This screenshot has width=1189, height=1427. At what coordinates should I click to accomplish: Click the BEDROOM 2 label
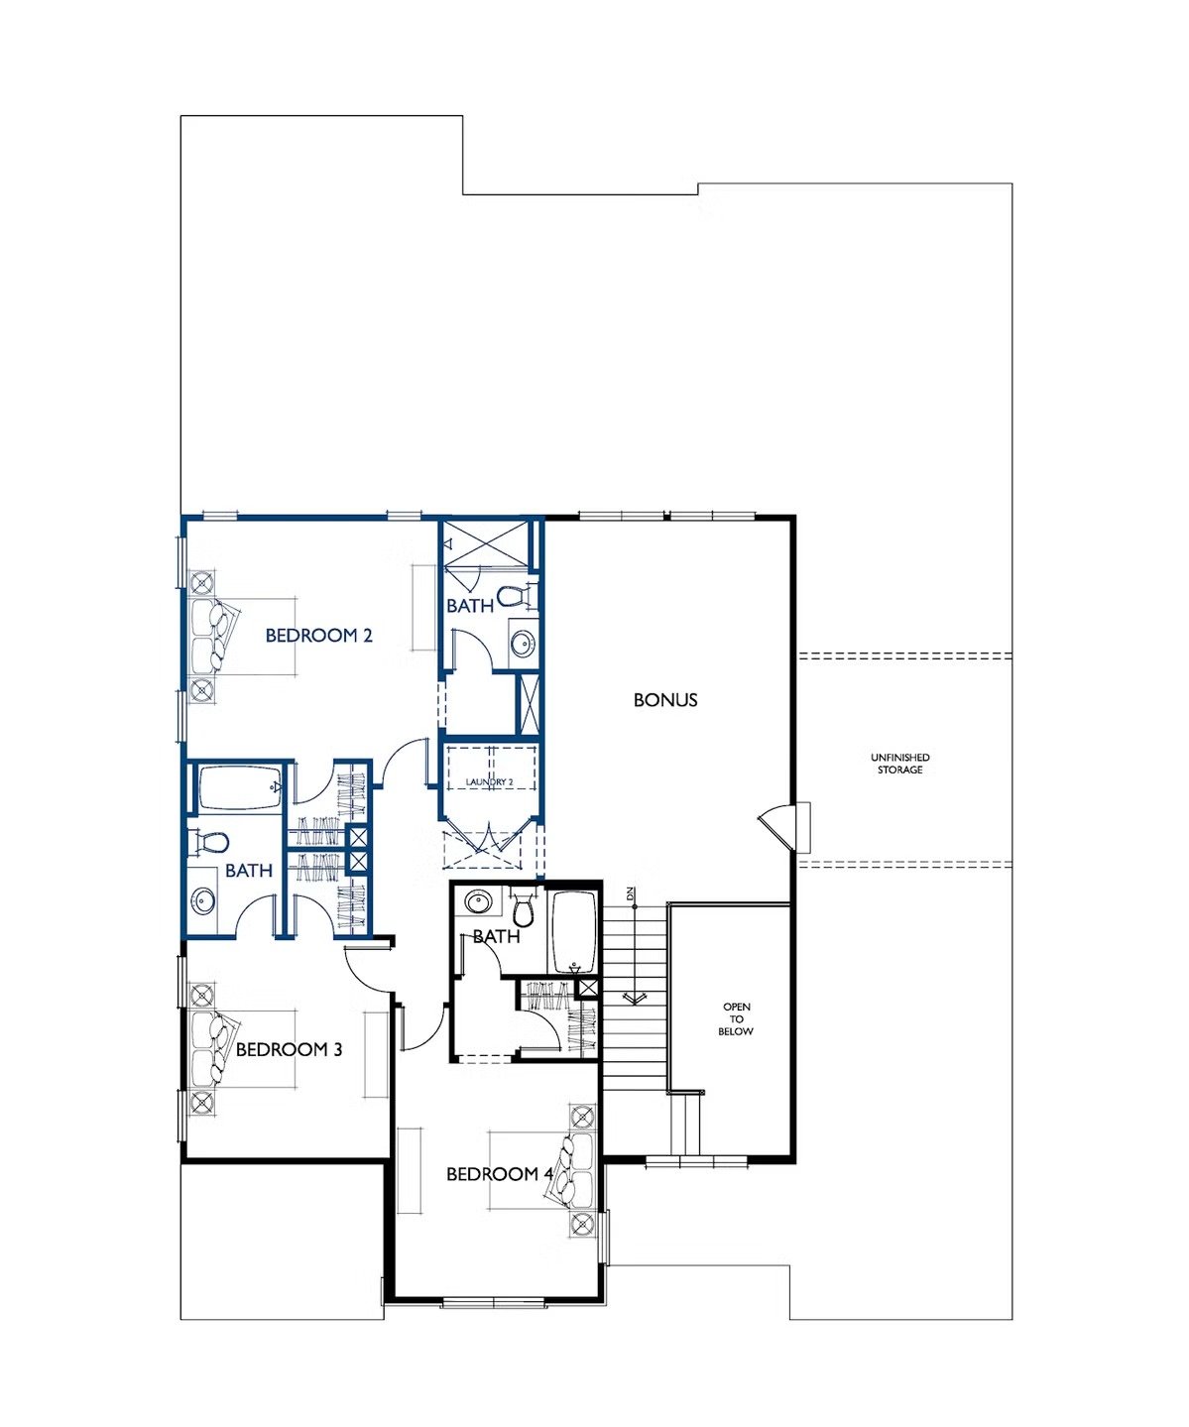click(x=318, y=636)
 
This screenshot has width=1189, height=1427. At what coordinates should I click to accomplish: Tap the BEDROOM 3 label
click(x=289, y=1049)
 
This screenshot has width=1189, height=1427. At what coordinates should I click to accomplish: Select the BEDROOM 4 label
click(x=500, y=1174)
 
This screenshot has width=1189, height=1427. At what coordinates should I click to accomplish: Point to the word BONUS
click(x=665, y=700)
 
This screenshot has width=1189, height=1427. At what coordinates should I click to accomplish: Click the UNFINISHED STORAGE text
click(x=900, y=764)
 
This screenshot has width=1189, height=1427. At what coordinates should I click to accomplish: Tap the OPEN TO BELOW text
click(x=736, y=1019)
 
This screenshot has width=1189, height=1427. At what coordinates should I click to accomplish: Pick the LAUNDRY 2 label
click(x=489, y=781)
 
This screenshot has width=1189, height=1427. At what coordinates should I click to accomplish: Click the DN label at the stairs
click(x=629, y=893)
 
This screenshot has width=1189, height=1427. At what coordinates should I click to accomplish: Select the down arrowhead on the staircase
click(x=634, y=999)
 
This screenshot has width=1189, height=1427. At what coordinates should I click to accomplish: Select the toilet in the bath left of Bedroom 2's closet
click(x=208, y=842)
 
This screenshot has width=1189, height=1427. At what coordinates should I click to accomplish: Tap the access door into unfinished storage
click(x=785, y=825)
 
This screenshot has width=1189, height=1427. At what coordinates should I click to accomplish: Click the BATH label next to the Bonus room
click(x=470, y=606)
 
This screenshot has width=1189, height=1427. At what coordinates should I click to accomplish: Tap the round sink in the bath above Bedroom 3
click(x=203, y=900)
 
